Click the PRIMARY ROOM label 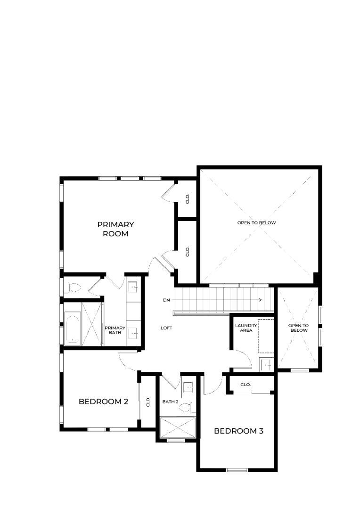point(115,229)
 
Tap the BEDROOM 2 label point(104,402)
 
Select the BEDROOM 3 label point(238,431)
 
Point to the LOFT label point(166,328)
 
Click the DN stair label point(166,300)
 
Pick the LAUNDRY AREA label point(246,328)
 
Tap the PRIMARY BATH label point(115,330)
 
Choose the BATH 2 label point(171,402)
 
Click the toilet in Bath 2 point(188,407)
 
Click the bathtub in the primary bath point(73,328)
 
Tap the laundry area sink point(267,364)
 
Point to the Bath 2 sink point(188,387)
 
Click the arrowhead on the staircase point(261,300)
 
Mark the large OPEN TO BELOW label point(256,222)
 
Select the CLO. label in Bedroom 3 point(245,385)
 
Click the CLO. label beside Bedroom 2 point(148,402)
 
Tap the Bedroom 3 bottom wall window point(237,470)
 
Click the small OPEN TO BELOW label point(299,328)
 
